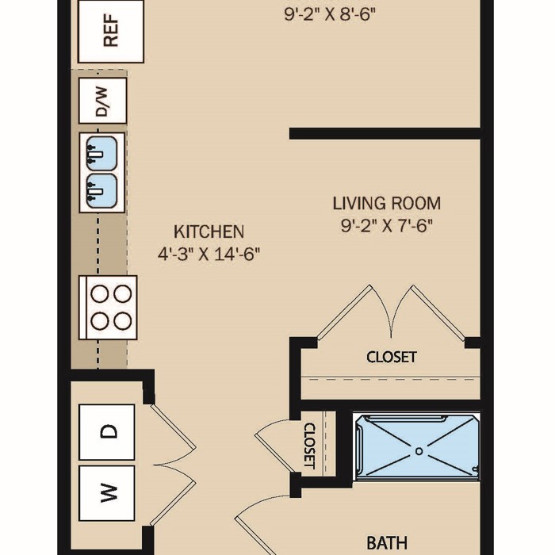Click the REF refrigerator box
(111, 31)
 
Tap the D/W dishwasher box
(102, 101)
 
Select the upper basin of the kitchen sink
(102, 154)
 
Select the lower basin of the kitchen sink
(102, 191)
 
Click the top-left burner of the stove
(99, 294)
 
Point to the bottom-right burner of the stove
(123, 320)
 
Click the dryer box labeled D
(107, 432)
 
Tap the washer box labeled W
(107, 493)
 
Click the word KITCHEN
(209, 232)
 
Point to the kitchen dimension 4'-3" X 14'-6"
(209, 254)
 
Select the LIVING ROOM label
(387, 204)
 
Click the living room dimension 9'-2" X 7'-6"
(387, 225)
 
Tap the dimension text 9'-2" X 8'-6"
(330, 15)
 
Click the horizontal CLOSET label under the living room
(392, 357)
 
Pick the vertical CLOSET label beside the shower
(309, 446)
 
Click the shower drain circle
(419, 451)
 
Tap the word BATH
(387, 542)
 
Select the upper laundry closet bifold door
(174, 434)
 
